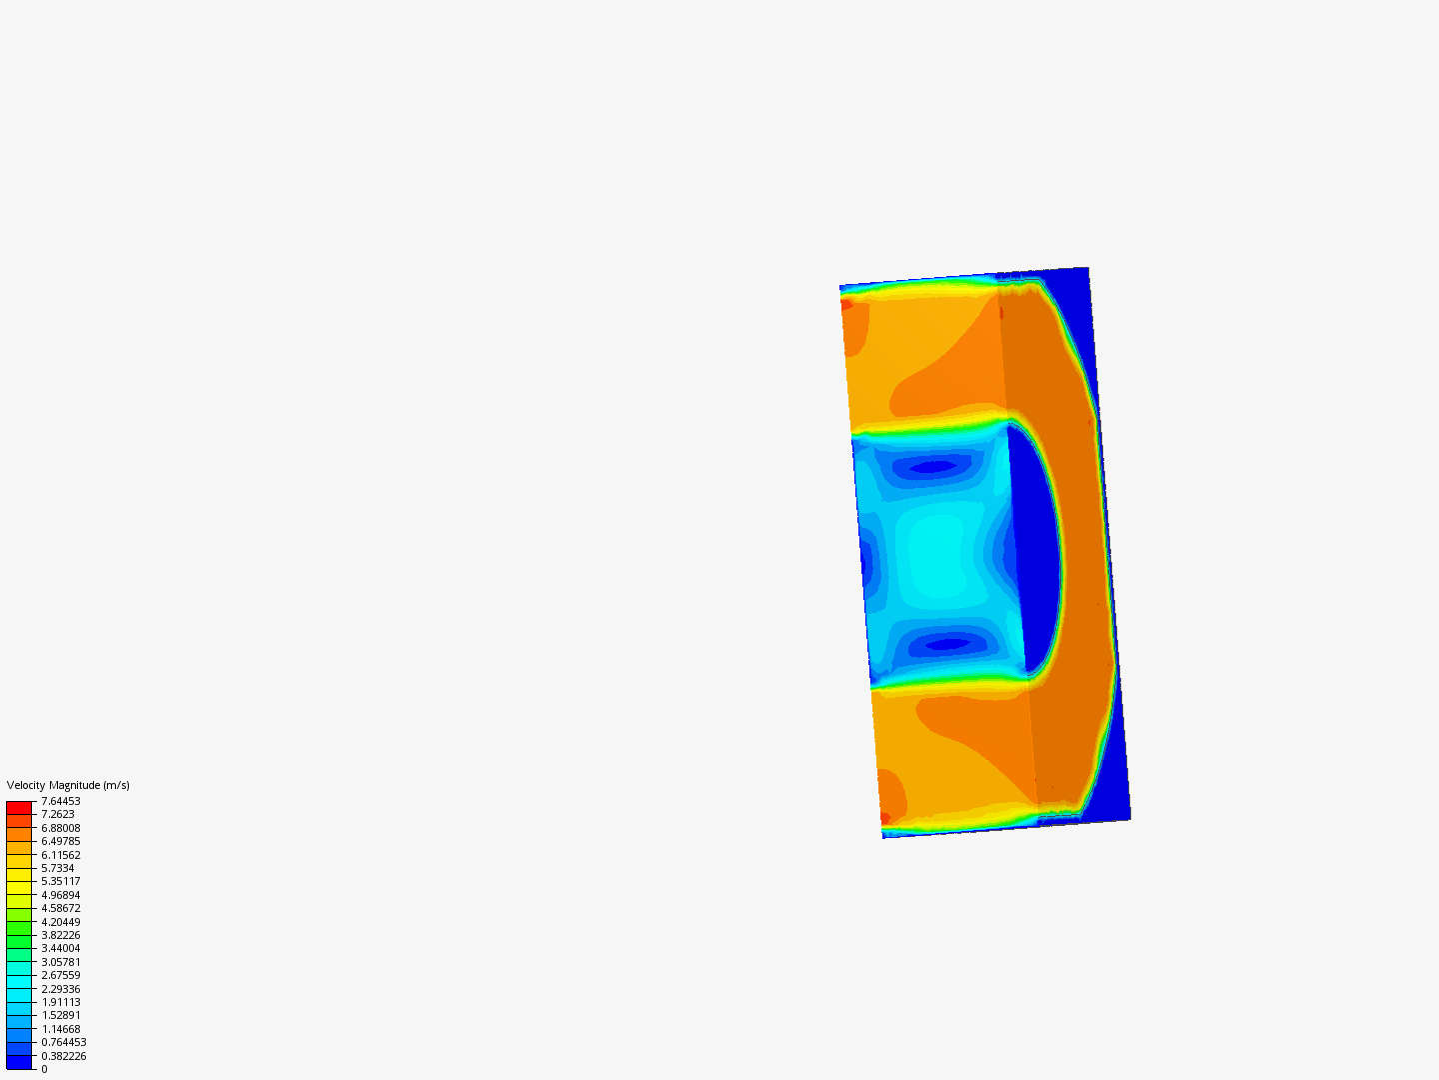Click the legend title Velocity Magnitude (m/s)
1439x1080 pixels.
coord(68,785)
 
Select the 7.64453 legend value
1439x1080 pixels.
coord(60,801)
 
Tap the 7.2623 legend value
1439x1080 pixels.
coord(58,814)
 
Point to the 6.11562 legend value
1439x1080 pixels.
coord(60,855)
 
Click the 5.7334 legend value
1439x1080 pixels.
coord(58,868)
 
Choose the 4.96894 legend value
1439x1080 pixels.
coord(60,895)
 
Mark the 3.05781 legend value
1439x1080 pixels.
coord(60,962)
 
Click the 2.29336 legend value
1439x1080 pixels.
coord(60,989)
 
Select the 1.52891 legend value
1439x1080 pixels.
coord(60,1015)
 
